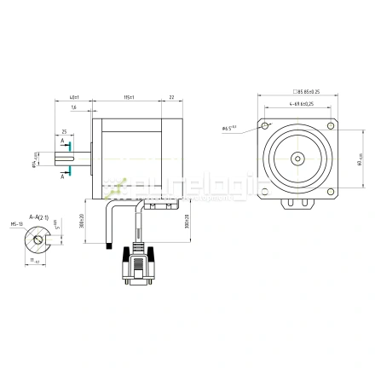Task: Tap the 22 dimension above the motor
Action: (x=172, y=98)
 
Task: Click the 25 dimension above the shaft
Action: (x=64, y=131)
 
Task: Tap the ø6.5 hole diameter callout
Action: (x=229, y=129)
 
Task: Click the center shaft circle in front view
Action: (x=297, y=158)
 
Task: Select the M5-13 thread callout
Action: (x=15, y=225)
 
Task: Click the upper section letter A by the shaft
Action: (x=62, y=141)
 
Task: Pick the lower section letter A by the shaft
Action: (x=62, y=176)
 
